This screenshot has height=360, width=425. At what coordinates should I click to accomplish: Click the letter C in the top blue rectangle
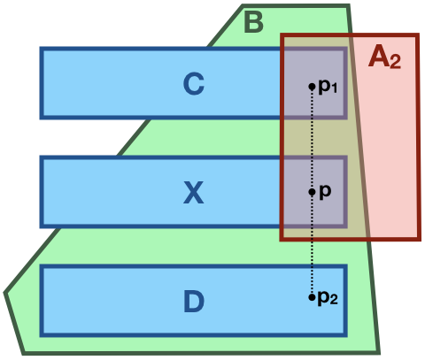pos(194,84)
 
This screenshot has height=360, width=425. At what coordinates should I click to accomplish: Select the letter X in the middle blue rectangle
pos(193,193)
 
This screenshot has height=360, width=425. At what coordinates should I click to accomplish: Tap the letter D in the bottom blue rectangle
pos(194,303)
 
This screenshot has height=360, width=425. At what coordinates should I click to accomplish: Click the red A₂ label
pos(384,57)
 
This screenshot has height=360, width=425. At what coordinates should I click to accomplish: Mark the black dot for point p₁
pos(312,86)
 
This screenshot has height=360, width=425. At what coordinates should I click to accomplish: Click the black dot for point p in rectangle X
pos(312,191)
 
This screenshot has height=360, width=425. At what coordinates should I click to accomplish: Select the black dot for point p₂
pos(312,297)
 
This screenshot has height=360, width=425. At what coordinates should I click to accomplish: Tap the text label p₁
pos(327,87)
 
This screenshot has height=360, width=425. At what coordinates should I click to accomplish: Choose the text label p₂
pos(327,298)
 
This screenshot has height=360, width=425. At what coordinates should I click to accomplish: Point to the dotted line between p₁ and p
pos(312,139)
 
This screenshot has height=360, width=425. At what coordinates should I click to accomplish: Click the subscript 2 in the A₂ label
pos(396,63)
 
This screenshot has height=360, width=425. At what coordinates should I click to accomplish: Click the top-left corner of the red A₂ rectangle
pos(282,35)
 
